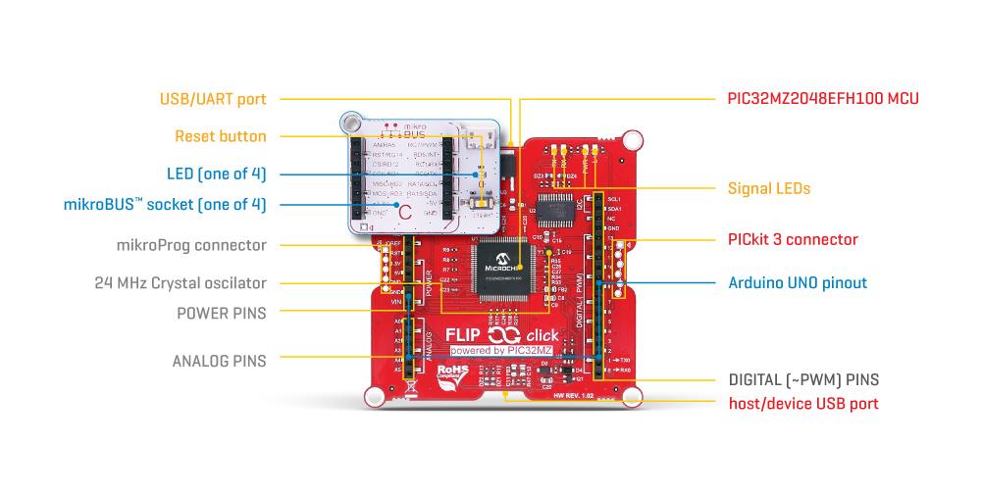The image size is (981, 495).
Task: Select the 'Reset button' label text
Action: click(220, 136)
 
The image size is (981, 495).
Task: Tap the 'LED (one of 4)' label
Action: click(216, 174)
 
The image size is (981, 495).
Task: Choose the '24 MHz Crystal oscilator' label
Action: click(181, 283)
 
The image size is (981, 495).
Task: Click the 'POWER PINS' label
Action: click(221, 313)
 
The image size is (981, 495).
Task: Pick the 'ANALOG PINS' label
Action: click(219, 361)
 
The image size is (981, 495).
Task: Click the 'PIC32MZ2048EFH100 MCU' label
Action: click(822, 99)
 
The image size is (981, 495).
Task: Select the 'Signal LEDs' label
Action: click(769, 187)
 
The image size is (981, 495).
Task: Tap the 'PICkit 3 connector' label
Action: click(793, 239)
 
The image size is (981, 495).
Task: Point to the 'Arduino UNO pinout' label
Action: click(798, 283)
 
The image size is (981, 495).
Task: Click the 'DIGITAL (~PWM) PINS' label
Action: click(803, 379)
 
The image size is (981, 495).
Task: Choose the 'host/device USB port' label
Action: click(802, 403)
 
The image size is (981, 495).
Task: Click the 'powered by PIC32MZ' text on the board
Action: click(503, 350)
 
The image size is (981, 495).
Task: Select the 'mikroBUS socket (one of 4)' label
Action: click(164, 205)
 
